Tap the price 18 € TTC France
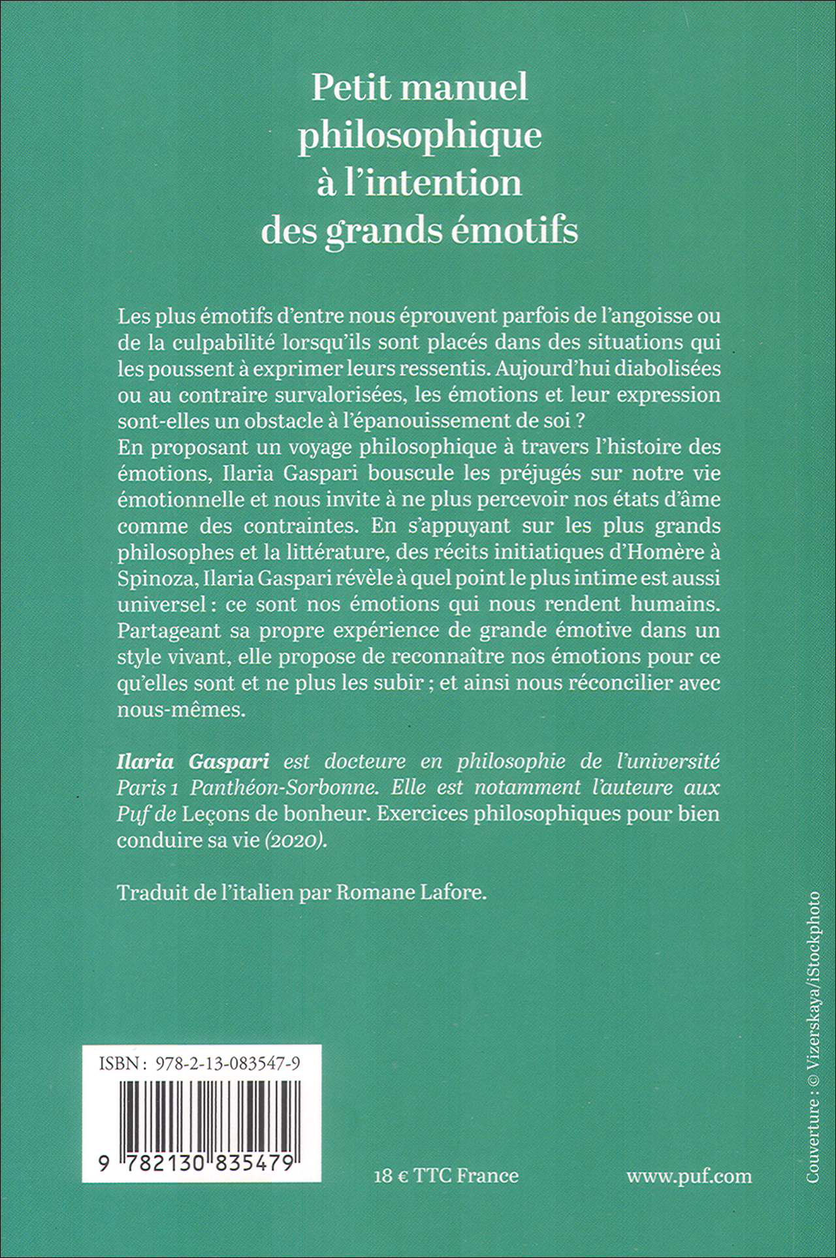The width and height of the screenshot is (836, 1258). [x=447, y=1176]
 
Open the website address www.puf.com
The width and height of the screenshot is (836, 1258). [x=688, y=1176]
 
